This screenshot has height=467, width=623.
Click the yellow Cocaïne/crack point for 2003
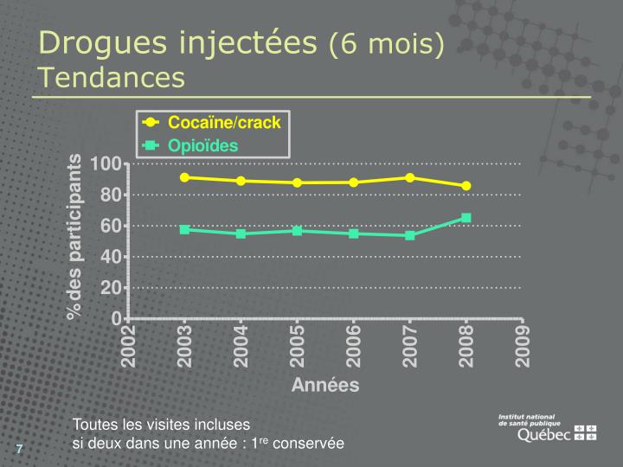184,177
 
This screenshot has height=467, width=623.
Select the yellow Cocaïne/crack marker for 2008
466,186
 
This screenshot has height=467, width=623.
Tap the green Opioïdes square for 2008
466,218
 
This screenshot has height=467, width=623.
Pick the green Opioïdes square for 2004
241,233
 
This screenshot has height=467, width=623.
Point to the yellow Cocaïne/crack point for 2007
409,178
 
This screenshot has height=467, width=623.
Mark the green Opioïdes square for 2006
354,233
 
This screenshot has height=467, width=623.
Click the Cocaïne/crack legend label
224,122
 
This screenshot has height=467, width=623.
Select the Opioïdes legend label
202,146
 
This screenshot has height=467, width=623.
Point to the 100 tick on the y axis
106,163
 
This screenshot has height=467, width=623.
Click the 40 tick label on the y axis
111,257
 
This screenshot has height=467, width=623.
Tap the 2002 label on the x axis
128,346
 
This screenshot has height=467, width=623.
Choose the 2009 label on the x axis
522,346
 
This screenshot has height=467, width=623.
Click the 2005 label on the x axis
297,346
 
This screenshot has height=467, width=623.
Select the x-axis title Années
325,385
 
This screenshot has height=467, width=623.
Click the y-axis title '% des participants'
74,237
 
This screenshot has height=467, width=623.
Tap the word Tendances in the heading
112,77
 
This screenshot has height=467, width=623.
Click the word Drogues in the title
103,43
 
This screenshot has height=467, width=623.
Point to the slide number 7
19,449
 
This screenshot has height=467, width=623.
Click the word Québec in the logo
544,435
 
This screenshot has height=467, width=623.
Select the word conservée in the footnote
308,444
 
